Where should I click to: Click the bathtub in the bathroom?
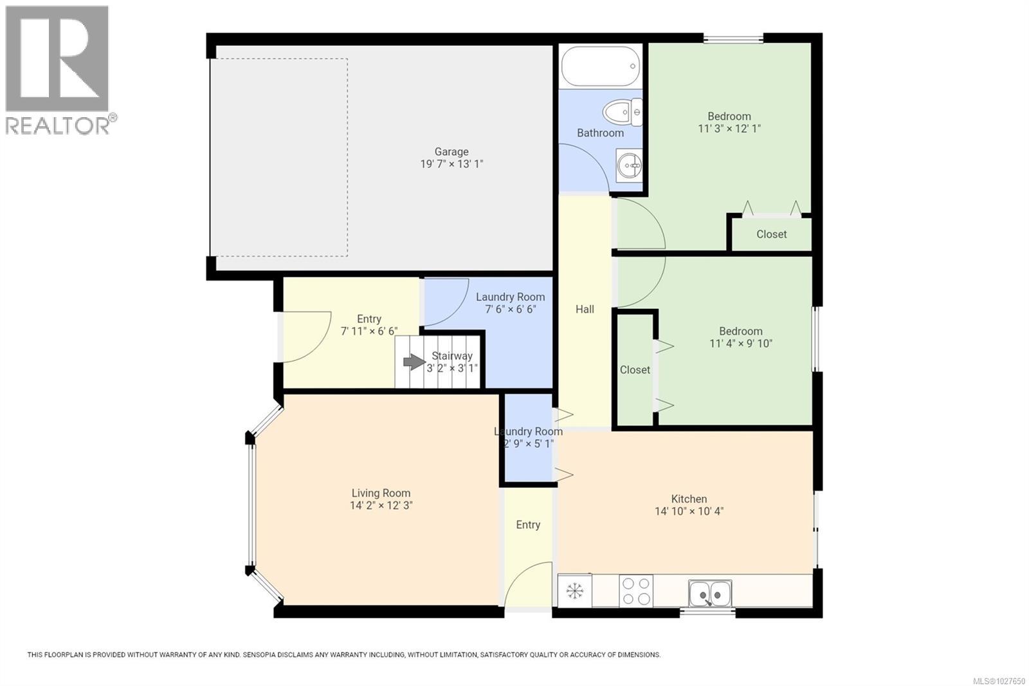coord(601,66)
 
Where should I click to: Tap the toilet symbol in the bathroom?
coord(623,112)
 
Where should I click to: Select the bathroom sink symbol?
coord(628,166)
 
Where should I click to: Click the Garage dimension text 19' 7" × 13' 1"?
coord(451,164)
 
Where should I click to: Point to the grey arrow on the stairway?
coord(414,362)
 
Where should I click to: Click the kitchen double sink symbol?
coord(709,593)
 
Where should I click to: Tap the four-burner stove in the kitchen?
coord(635,591)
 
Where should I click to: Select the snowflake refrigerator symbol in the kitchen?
coord(574,591)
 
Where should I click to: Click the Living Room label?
coord(381,493)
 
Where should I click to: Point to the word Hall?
coord(585,310)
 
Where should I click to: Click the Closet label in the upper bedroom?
coord(771,234)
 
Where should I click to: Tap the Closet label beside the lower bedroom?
coord(635,370)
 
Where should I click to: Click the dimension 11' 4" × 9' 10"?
coord(740,344)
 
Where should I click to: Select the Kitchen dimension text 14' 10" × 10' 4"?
coord(689,512)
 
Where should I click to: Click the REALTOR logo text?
coord(58,125)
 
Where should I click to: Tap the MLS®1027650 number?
coord(999,680)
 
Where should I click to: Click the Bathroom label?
coord(600,133)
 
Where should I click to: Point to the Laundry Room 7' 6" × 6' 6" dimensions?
coord(510,309)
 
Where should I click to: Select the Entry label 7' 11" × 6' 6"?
coord(369,331)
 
